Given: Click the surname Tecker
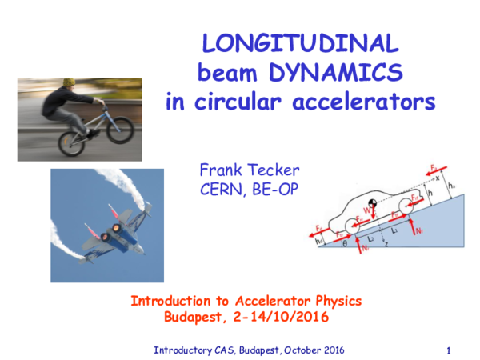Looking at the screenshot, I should [x=276, y=170].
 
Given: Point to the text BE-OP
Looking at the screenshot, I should [x=286, y=190].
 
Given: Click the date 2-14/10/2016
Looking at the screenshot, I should [x=276, y=317].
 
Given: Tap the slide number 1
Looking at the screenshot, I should [x=450, y=350].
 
